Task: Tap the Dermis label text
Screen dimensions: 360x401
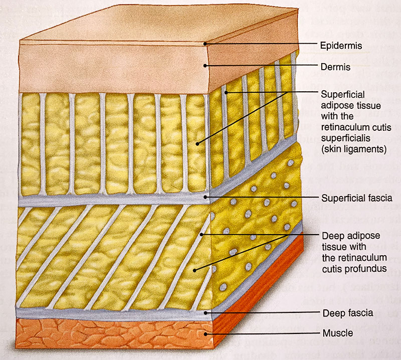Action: tap(335, 66)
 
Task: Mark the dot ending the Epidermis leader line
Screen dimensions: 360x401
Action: tap(205, 45)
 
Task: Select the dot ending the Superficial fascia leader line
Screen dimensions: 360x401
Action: tap(206, 198)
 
